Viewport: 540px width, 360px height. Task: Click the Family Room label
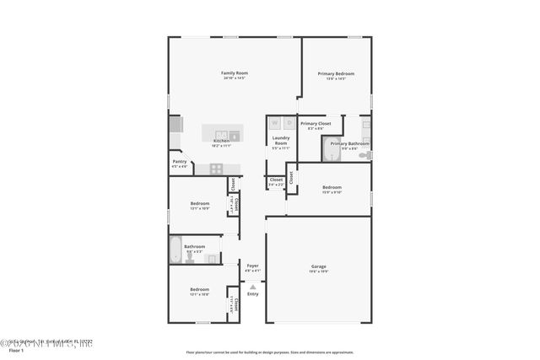pyautogui.click(x=234, y=73)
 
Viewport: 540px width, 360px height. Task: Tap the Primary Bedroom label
pyautogui.click(x=336, y=73)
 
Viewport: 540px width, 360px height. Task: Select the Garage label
pyautogui.click(x=318, y=266)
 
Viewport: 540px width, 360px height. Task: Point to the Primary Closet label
pyautogui.click(x=316, y=124)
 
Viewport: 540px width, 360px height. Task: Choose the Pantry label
pyautogui.click(x=180, y=161)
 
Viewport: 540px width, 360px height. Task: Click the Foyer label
pyautogui.click(x=253, y=266)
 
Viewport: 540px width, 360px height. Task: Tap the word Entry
pyautogui.click(x=253, y=293)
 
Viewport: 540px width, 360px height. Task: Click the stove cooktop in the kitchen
pyautogui.click(x=216, y=168)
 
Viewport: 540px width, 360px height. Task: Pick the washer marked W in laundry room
pyautogui.click(x=274, y=123)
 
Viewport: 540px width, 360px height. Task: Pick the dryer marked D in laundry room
pyautogui.click(x=288, y=123)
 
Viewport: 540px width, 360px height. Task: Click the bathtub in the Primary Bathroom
pyautogui.click(x=331, y=148)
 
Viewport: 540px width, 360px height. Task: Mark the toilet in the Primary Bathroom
pyautogui.click(x=364, y=155)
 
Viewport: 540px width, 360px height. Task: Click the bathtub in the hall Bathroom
pyautogui.click(x=175, y=250)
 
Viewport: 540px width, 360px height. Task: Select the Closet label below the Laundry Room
pyautogui.click(x=276, y=180)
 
